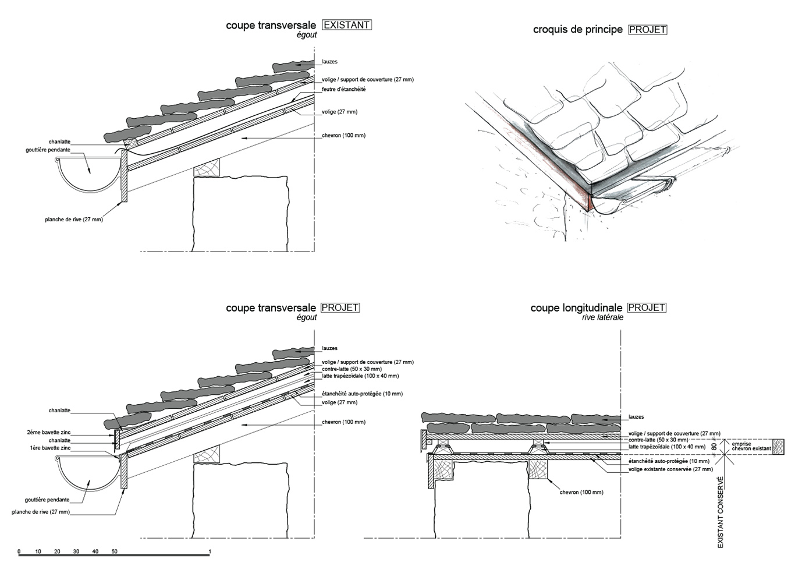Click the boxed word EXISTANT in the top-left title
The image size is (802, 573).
point(346,25)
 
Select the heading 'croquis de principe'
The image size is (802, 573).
point(577,30)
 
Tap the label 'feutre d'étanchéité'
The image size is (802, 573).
point(343,90)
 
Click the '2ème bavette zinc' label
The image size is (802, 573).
point(49,433)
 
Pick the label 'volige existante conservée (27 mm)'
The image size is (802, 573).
point(670,469)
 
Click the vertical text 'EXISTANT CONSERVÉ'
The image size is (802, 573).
point(721,512)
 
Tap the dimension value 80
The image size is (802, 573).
point(714,447)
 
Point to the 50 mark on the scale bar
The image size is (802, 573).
point(115,551)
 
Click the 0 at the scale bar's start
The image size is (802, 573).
point(19,551)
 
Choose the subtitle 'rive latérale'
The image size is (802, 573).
point(602,317)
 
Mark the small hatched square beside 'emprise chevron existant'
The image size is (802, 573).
point(779,447)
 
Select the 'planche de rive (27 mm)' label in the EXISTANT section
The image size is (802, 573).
point(74,220)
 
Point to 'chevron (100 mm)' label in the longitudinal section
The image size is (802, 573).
point(581,493)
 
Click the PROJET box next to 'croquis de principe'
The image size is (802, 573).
point(647,30)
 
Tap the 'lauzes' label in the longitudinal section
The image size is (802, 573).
point(636,417)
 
